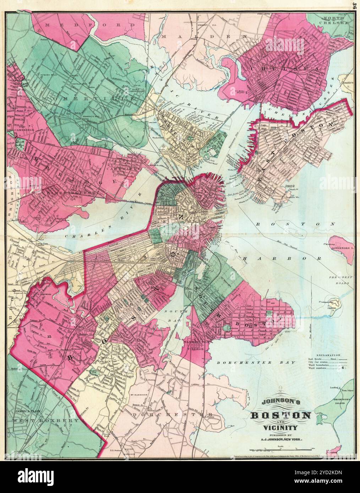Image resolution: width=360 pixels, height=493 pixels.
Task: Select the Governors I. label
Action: click(343, 249)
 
